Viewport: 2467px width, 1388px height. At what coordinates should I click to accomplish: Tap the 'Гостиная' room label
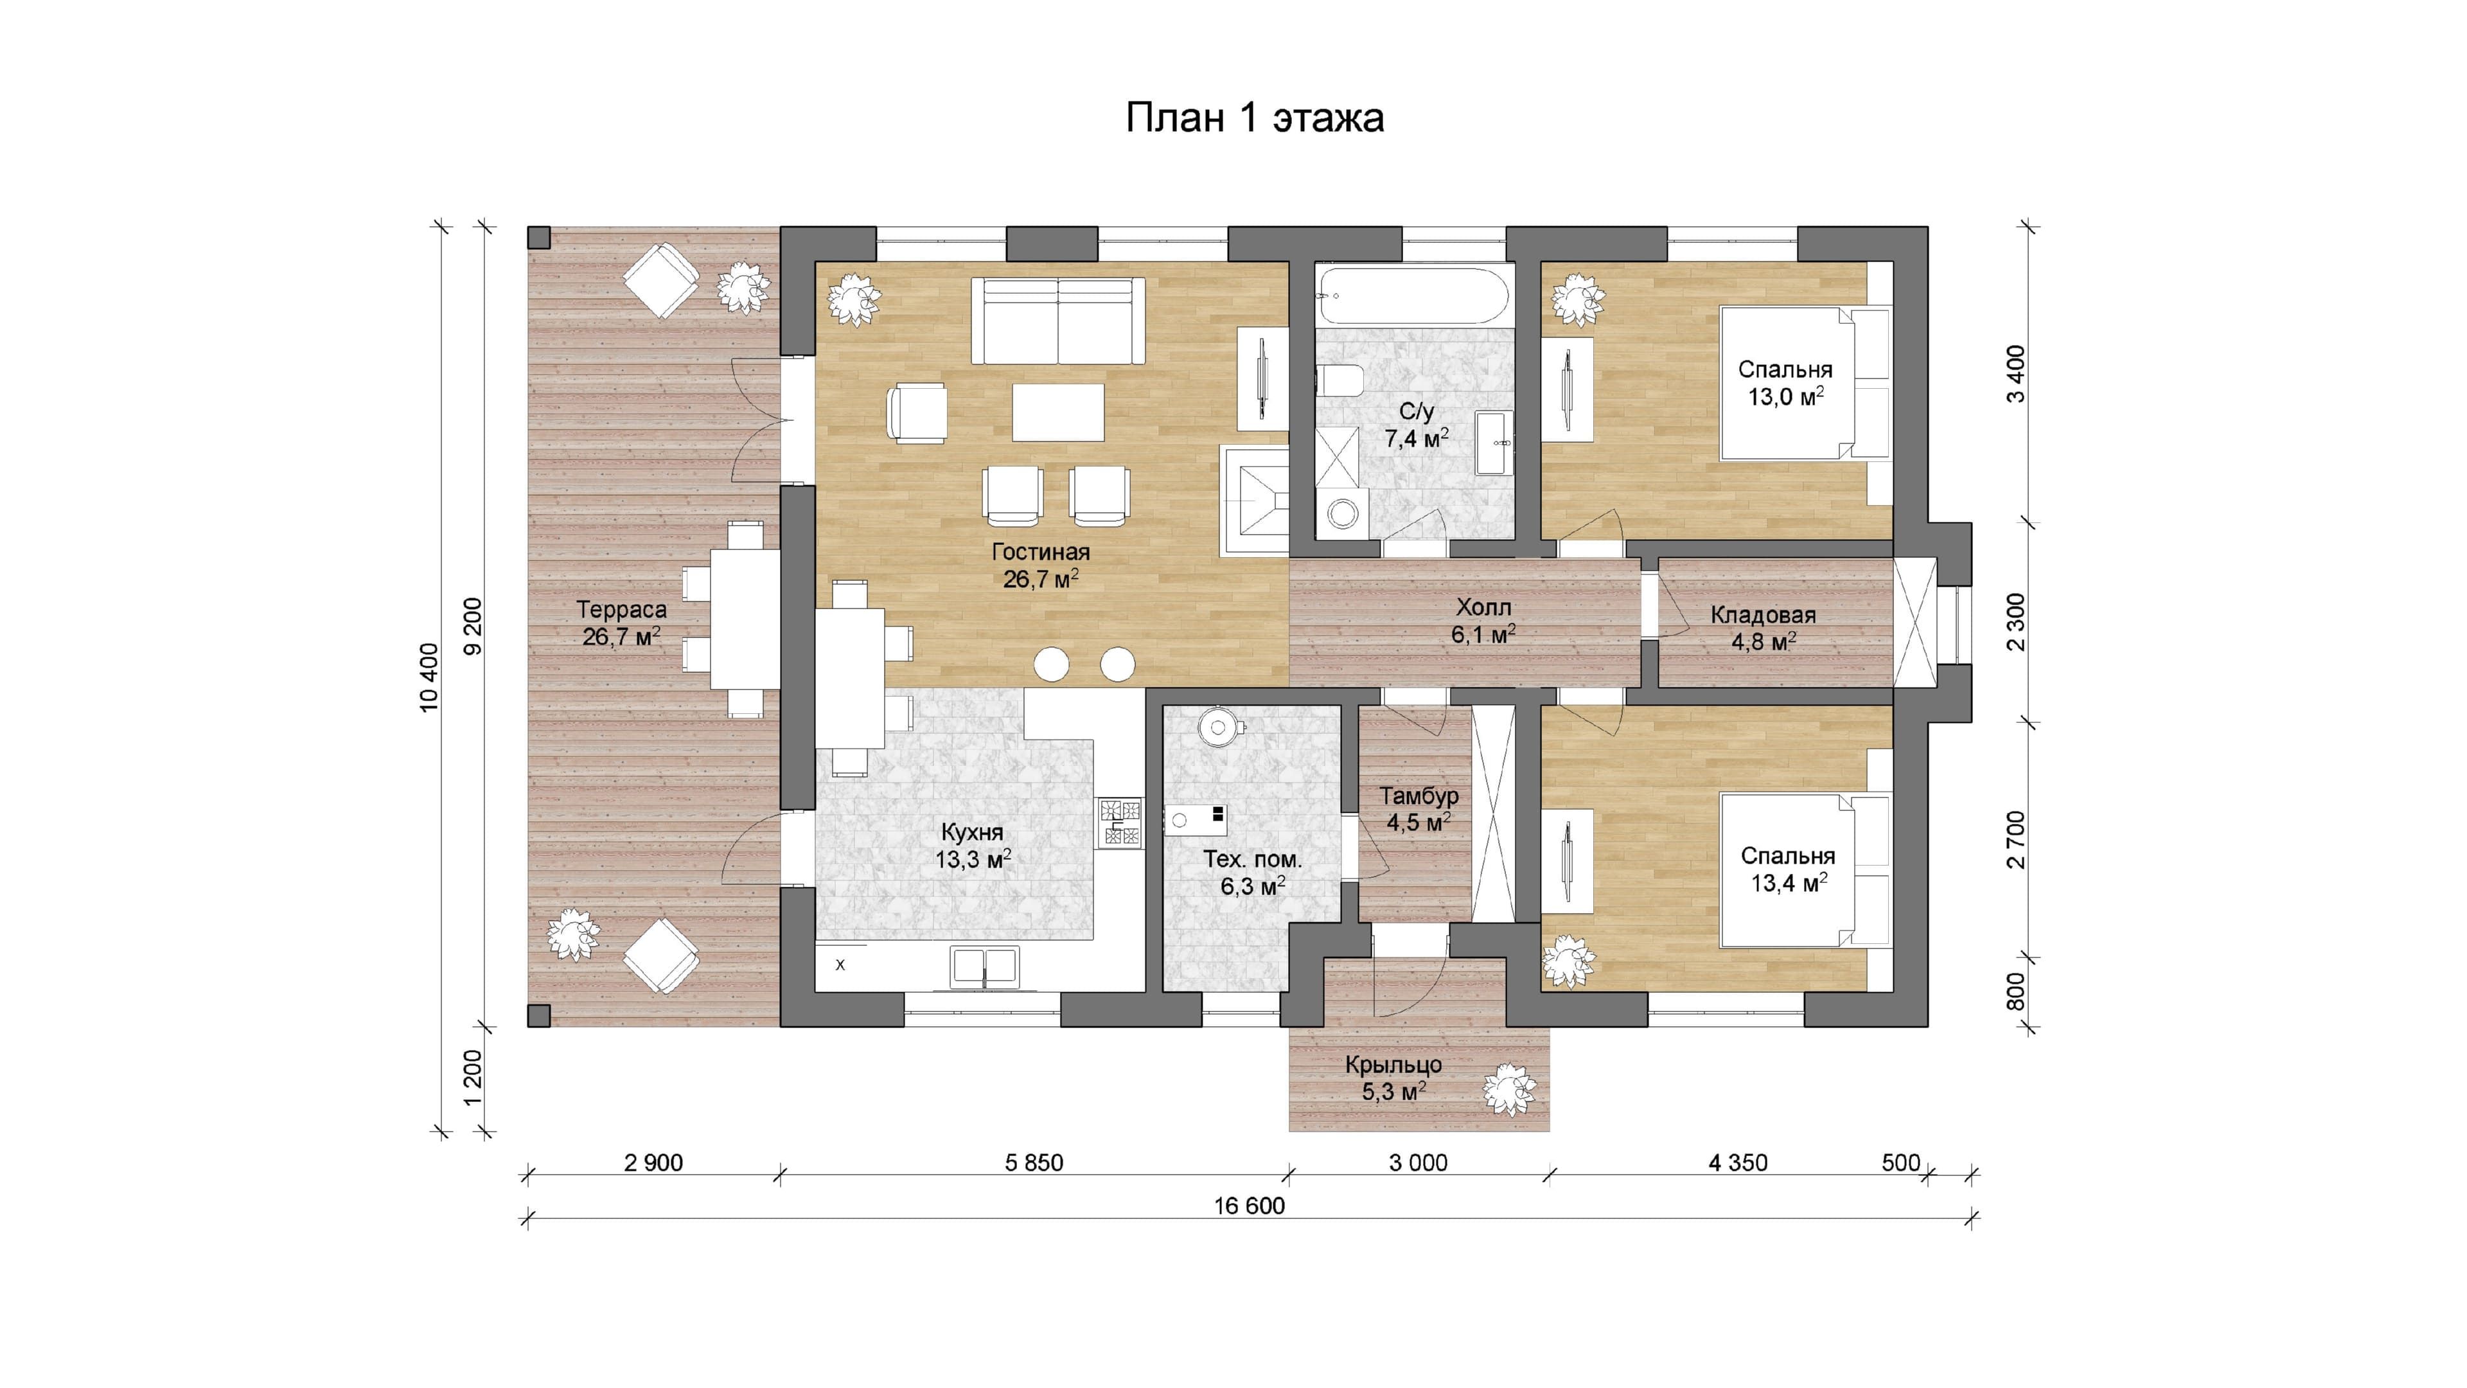tap(1041, 552)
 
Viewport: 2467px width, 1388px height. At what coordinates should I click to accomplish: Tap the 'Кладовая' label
tap(1763, 616)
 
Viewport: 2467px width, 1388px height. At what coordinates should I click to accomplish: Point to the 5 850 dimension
tap(1034, 1163)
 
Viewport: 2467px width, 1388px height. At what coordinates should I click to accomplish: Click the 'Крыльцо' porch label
tap(1393, 1064)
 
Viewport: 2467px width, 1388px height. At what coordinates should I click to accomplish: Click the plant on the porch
tap(1509, 1090)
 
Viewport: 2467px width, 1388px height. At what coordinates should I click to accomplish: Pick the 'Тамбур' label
tap(1419, 796)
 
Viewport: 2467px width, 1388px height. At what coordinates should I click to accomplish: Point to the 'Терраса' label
tap(621, 609)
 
